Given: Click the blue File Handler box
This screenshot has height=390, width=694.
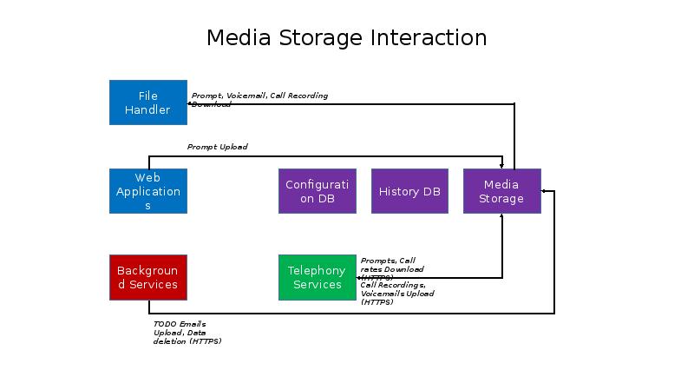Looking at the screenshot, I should (x=147, y=102).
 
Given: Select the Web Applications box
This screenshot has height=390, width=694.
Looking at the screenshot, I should (x=147, y=191).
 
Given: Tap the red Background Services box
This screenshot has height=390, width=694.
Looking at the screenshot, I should (x=147, y=277).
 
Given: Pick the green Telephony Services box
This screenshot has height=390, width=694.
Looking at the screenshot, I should (x=317, y=277).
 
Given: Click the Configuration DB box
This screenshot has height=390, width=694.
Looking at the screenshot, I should (x=317, y=191).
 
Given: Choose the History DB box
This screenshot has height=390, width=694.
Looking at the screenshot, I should (x=409, y=191).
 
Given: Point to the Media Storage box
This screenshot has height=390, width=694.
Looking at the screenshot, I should (x=501, y=191).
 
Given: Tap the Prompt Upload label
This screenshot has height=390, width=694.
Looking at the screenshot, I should (x=217, y=147).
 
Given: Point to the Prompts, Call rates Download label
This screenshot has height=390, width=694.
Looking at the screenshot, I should (x=391, y=265).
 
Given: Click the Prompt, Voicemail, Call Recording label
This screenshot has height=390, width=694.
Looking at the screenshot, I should (x=259, y=96).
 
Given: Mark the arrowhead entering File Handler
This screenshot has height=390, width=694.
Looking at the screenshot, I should (x=190, y=104).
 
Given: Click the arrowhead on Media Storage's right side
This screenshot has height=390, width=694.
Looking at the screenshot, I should (x=544, y=190).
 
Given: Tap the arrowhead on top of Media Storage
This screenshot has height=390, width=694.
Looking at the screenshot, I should (x=501, y=166).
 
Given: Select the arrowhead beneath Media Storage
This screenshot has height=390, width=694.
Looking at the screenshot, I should (x=501, y=216).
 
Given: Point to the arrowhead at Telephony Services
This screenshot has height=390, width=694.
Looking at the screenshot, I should (x=359, y=278).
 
